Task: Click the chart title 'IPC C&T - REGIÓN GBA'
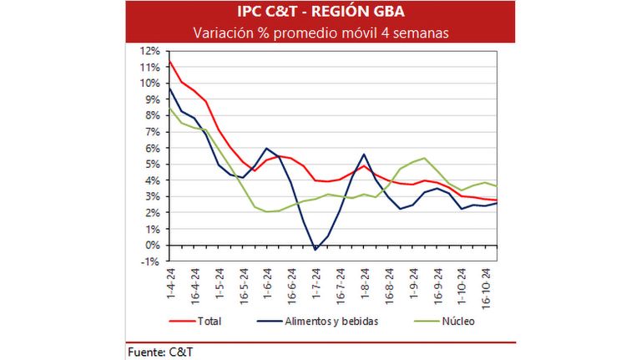click(320, 12)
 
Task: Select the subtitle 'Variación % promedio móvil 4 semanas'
click(320, 33)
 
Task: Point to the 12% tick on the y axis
click(150, 51)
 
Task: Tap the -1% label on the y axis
click(150, 261)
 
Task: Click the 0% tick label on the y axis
click(152, 246)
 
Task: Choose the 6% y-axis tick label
click(152, 148)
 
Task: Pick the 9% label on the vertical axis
click(152, 99)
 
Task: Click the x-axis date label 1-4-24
click(170, 283)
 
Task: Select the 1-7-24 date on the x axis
click(316, 283)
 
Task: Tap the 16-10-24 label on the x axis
click(486, 288)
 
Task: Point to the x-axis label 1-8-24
click(365, 283)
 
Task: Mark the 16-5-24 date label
click(244, 286)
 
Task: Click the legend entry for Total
click(195, 321)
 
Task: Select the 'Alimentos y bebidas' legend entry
click(318, 321)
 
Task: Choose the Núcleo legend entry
click(444, 321)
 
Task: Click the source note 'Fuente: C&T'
click(160, 352)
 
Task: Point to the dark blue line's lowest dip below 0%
click(315, 250)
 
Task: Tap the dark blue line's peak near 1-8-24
click(364, 155)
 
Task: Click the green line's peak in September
click(424, 158)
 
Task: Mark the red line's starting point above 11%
click(169, 61)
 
